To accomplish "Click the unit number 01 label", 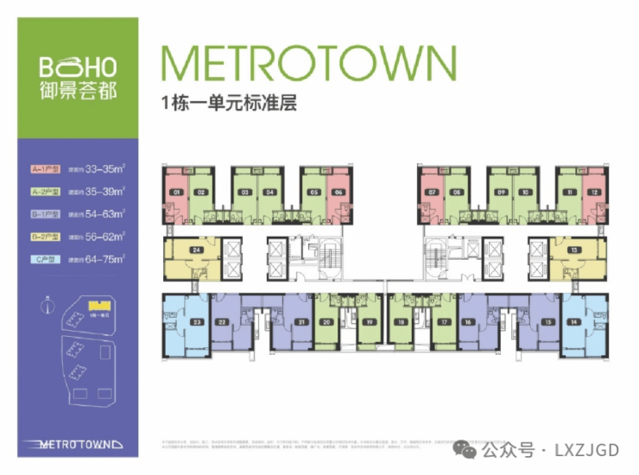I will [x=176, y=192].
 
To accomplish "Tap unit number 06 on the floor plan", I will [x=338, y=192].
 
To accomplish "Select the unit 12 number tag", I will [x=593, y=192].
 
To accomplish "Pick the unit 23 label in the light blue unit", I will [x=197, y=323].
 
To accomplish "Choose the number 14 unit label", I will [x=574, y=323].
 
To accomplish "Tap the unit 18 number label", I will [x=401, y=323].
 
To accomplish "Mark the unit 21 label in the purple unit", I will [x=301, y=323].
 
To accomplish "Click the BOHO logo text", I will [x=78, y=66].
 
